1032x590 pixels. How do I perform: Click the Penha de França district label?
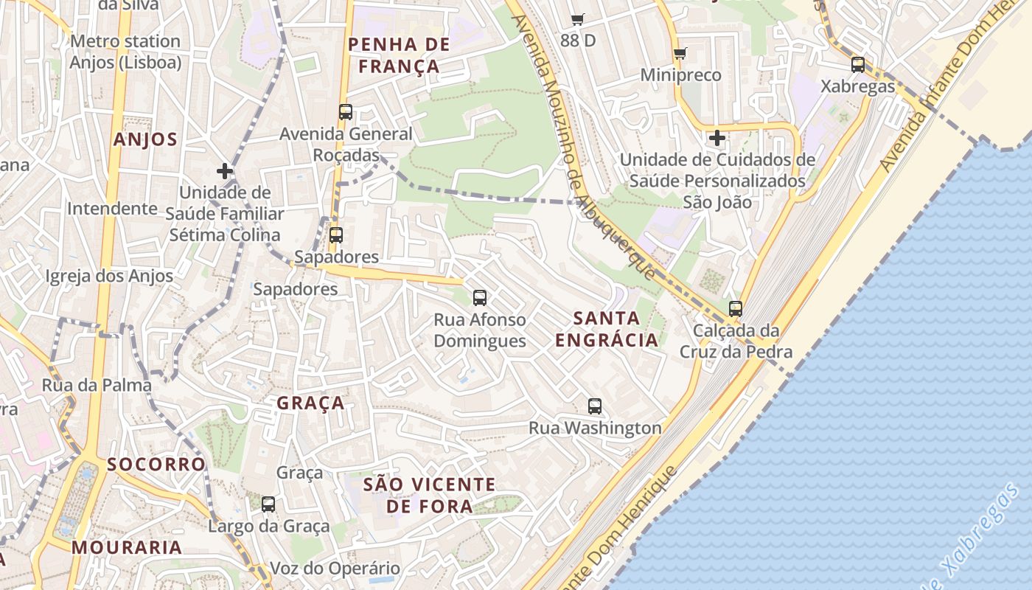[x=398, y=55]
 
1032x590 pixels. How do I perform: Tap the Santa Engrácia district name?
[x=606, y=329]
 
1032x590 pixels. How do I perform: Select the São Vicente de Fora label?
[x=429, y=495]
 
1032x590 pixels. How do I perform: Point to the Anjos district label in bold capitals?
[x=145, y=139]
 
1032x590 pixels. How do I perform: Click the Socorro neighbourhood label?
[x=156, y=464]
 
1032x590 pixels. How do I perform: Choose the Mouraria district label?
[x=127, y=547]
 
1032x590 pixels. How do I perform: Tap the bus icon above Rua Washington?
[x=595, y=406]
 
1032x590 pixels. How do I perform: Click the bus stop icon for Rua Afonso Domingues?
[x=480, y=298]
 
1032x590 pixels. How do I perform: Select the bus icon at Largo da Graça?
[x=268, y=504]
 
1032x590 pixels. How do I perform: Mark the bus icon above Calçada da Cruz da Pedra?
[x=736, y=309]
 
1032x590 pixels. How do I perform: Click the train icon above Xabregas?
[x=858, y=64]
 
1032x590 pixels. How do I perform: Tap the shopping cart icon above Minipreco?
[x=680, y=53]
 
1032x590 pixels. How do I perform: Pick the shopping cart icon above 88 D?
[x=577, y=19]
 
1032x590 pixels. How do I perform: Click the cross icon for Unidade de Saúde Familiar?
[x=225, y=171]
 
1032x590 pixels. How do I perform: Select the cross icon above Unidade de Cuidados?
[x=717, y=138]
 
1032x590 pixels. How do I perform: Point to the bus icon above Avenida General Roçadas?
[x=346, y=112]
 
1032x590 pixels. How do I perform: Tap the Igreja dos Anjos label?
[x=109, y=277]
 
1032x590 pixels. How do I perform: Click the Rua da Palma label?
[x=97, y=385]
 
